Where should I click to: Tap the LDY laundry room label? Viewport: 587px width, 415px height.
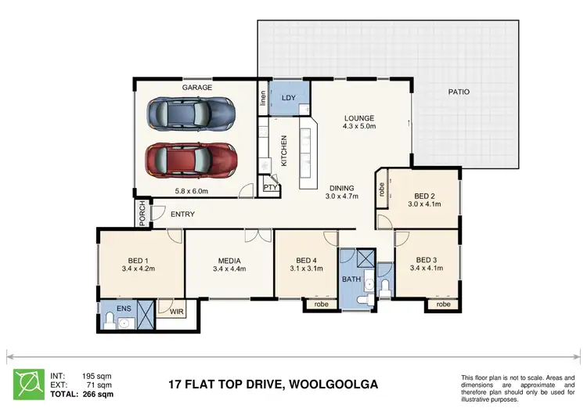(288, 98)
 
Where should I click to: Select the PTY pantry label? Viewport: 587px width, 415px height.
(271, 188)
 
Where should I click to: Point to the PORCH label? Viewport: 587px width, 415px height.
(142, 214)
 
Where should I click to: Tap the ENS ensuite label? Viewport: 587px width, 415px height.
(124, 309)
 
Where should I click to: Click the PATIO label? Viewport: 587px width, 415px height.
(459, 92)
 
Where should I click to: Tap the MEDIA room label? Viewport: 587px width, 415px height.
(229, 261)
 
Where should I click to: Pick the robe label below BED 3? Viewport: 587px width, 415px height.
(443, 304)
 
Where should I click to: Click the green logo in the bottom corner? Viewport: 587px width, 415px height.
(28, 384)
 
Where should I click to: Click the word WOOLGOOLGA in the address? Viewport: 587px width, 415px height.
(334, 384)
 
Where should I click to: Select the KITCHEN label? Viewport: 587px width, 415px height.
(284, 149)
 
